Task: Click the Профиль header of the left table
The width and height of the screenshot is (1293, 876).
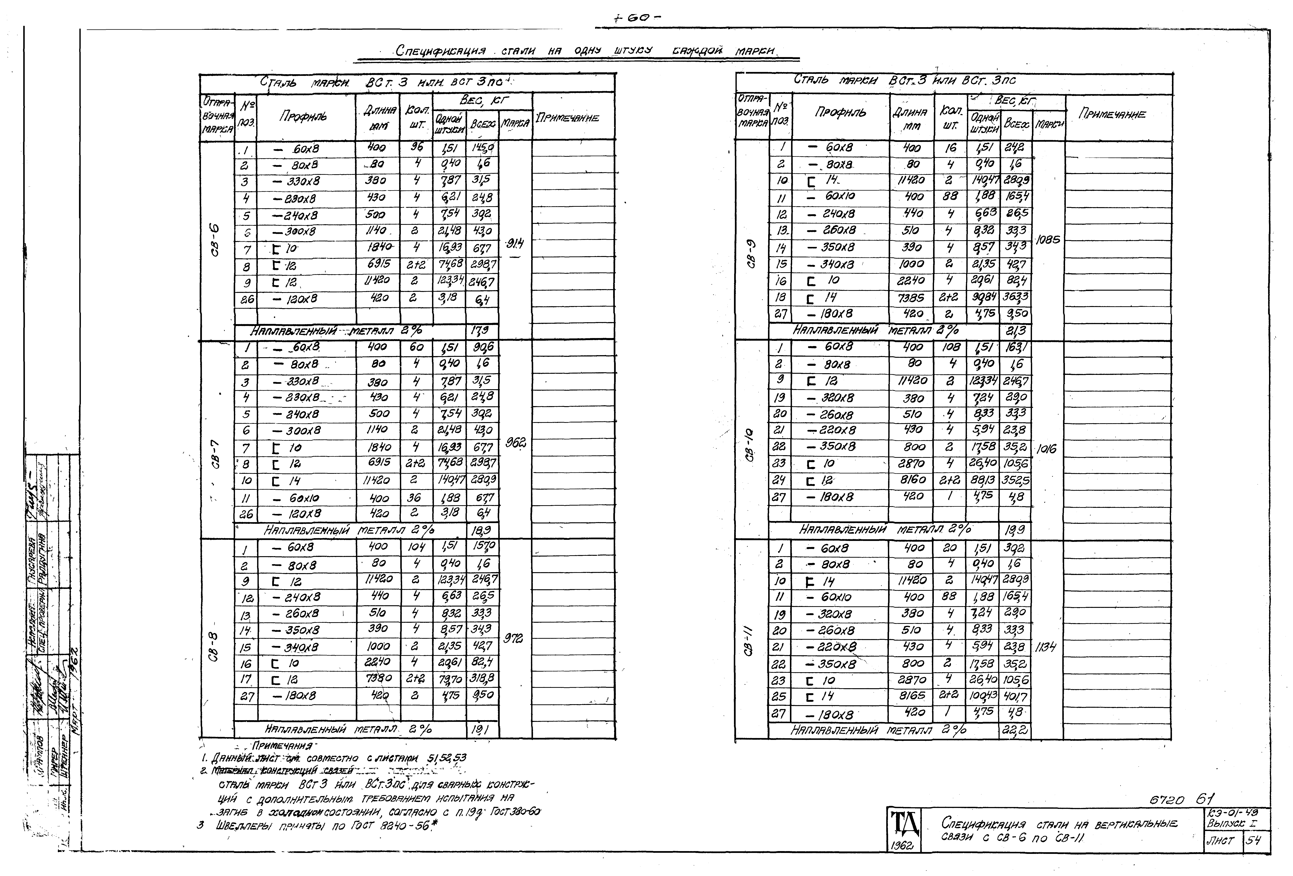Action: point(303,116)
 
